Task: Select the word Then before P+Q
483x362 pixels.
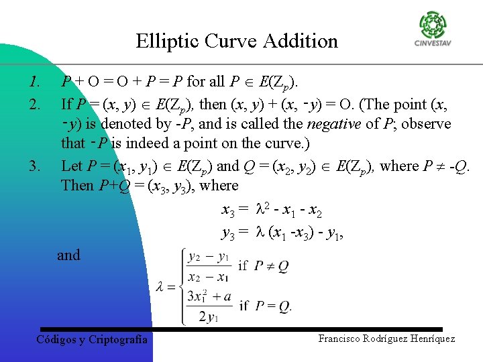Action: point(77,186)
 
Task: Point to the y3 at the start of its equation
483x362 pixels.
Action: point(228,233)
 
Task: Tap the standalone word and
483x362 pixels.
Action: point(68,255)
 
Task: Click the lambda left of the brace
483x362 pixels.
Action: point(160,287)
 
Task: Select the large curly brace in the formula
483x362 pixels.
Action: point(178,286)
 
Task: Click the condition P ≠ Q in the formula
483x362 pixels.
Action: point(271,266)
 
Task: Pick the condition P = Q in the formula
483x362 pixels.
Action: point(272,306)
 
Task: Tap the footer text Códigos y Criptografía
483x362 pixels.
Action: point(91,340)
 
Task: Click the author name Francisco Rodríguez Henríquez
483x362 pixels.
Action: point(386,339)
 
